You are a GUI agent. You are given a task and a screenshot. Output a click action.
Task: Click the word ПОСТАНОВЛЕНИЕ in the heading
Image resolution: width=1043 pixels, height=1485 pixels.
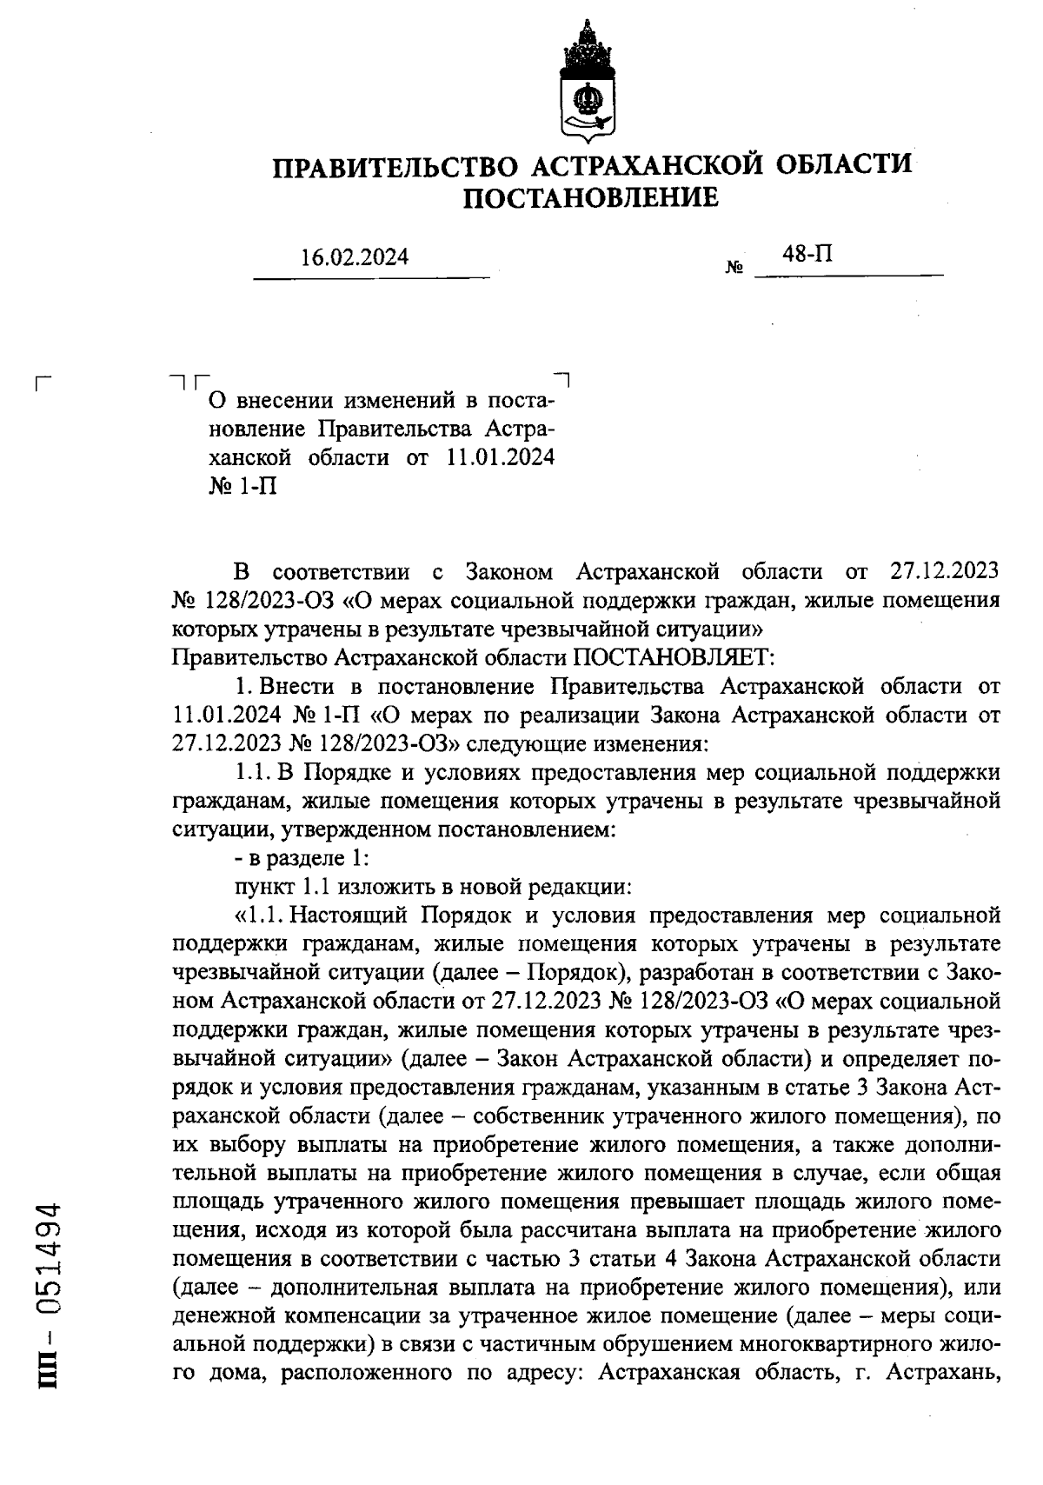(590, 199)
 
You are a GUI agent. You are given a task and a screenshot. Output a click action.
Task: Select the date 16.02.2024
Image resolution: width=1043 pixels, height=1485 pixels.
(355, 258)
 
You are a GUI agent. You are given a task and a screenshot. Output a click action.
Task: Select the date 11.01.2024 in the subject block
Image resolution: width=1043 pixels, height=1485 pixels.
(501, 457)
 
